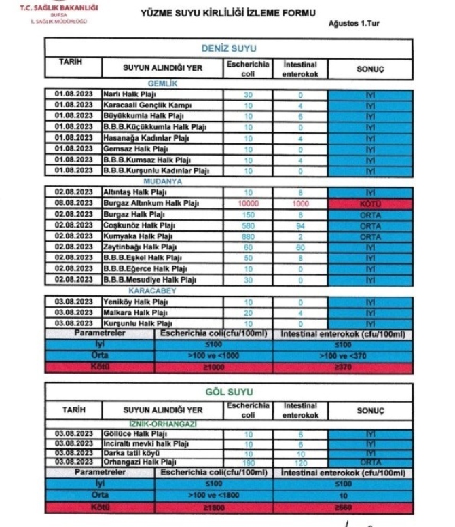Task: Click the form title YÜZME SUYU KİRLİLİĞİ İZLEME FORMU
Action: click(x=227, y=12)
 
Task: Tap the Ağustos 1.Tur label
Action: click(x=353, y=24)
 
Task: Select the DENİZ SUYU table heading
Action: click(x=228, y=49)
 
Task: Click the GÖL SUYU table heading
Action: click(x=228, y=393)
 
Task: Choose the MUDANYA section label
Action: click(x=162, y=182)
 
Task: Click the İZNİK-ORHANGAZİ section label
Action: click(x=162, y=424)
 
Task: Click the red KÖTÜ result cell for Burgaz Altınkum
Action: click(x=369, y=203)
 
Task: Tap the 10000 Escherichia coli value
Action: click(x=248, y=203)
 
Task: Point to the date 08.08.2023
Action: click(x=74, y=203)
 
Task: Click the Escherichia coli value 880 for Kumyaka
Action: click(x=248, y=237)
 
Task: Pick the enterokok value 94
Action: click(x=299, y=225)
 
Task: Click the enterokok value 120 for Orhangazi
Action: click(x=299, y=462)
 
